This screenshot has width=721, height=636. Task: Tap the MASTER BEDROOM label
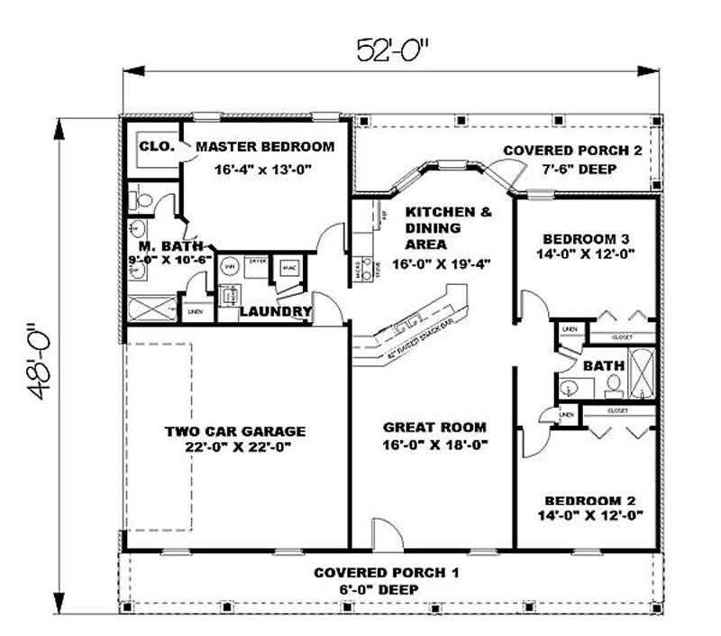tap(264, 146)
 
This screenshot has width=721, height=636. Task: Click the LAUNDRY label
tap(275, 312)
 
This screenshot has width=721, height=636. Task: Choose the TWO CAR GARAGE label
tap(234, 431)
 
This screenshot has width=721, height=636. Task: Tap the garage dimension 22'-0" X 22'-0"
tap(234, 447)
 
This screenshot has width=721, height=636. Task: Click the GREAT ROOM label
tap(434, 427)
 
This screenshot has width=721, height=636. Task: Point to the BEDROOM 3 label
tap(585, 239)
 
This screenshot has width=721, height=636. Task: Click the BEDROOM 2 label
tap(585, 501)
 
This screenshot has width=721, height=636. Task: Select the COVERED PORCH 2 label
tap(572, 151)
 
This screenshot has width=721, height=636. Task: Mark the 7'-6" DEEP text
tap(572, 168)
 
